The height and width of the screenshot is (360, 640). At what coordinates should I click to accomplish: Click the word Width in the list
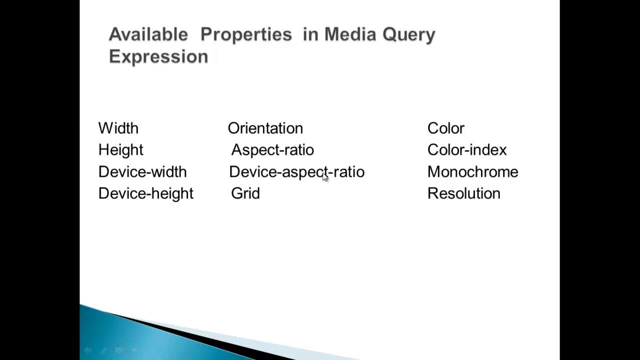(118, 128)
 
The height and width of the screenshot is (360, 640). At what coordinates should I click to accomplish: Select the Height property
(120, 150)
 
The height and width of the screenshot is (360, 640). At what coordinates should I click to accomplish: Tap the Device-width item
(142, 172)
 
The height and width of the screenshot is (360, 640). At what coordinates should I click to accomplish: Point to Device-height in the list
(145, 193)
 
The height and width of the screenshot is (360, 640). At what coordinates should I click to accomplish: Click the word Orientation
(265, 128)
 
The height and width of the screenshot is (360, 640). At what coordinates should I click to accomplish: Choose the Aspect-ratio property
(272, 150)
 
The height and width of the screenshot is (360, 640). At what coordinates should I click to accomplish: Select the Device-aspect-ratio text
(296, 172)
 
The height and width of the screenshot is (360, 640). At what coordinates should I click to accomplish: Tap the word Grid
(245, 193)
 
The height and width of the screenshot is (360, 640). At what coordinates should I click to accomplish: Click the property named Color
(445, 128)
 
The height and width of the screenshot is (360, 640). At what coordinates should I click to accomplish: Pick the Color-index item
(467, 150)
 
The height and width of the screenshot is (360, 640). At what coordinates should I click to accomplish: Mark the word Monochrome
(472, 172)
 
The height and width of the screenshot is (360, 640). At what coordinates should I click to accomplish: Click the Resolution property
(463, 193)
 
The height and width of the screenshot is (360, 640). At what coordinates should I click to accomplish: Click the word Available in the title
(148, 34)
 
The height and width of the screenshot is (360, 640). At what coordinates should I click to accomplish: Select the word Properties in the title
(246, 34)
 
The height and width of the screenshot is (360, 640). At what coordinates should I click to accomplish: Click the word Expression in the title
(158, 56)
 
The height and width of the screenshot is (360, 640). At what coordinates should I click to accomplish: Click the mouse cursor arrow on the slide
(325, 176)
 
